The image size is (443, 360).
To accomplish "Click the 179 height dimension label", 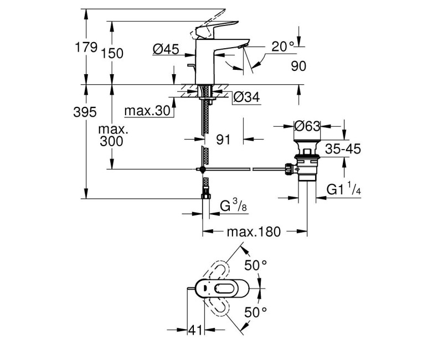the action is [x=86, y=47].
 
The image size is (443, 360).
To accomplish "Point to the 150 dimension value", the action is [x=112, y=53].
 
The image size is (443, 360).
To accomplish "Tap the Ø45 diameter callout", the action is [x=166, y=49].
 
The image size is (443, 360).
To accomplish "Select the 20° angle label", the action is [x=283, y=47].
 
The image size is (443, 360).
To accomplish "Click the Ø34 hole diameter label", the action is [x=246, y=97].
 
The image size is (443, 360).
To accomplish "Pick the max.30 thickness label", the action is [x=147, y=111].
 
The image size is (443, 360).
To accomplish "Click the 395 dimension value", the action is [x=85, y=112].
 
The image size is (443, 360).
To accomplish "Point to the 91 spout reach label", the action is [x=223, y=140].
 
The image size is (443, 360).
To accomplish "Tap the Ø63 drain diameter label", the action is [x=307, y=126].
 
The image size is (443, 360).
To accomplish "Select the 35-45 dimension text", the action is [x=343, y=148].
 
